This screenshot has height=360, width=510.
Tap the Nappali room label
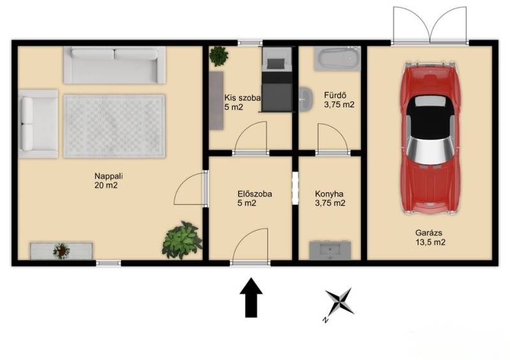(x=108, y=181)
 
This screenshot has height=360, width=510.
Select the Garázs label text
(x=430, y=238)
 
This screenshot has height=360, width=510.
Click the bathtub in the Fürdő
(x=337, y=59)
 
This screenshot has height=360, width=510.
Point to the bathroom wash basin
(x=305, y=98)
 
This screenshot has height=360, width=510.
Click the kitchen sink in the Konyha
(x=330, y=250)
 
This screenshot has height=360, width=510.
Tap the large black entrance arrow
(x=251, y=297)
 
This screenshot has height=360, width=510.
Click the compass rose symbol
(x=339, y=303)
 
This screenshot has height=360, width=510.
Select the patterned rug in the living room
(x=115, y=126)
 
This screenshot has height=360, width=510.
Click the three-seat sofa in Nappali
(x=115, y=65)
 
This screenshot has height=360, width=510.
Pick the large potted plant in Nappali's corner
(x=182, y=240)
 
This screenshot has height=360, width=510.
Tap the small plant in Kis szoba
(x=219, y=56)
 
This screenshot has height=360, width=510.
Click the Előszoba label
(x=254, y=198)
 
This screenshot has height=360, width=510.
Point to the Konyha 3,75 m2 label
(x=330, y=198)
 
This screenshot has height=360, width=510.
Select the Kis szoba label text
(x=242, y=102)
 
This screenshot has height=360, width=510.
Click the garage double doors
(x=430, y=25)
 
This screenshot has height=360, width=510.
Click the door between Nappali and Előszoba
(x=191, y=189)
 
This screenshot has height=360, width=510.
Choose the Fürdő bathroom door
(x=332, y=139)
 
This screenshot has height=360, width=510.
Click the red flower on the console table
(x=61, y=251)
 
